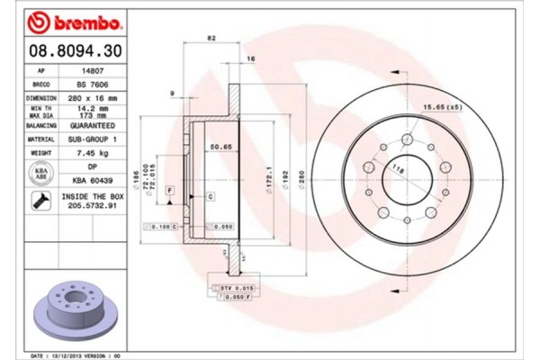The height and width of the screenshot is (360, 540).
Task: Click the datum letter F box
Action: [168, 191]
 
